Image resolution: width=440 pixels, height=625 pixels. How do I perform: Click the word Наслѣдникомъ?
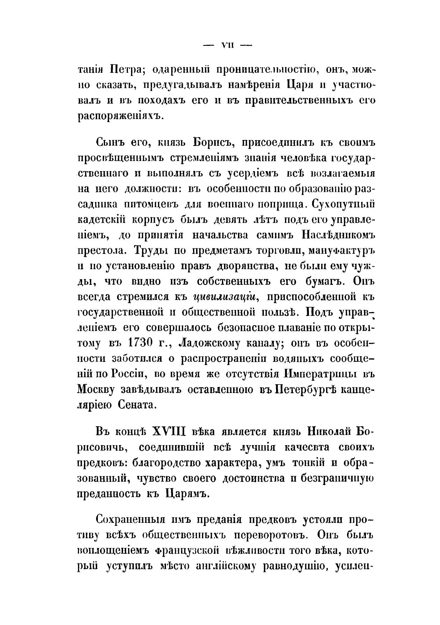(335, 236)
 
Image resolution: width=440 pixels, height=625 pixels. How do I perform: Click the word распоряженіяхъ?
(121, 116)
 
